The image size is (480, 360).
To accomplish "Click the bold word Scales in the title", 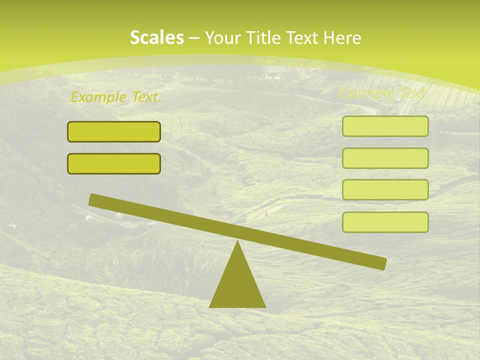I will (x=156, y=38).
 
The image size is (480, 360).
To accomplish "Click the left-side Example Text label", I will (x=116, y=97).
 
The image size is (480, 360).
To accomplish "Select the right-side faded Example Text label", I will (x=383, y=93).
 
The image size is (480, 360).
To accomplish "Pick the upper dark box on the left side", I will (x=114, y=131).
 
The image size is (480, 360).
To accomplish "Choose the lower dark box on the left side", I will (x=114, y=163).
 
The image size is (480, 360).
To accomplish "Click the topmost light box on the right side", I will (x=385, y=126).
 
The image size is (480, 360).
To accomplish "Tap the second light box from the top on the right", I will (x=385, y=158).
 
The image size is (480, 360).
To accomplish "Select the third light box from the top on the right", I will (x=385, y=189).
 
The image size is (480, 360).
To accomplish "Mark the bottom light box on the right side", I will (x=385, y=222).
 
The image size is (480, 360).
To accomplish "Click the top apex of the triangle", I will (x=237, y=242).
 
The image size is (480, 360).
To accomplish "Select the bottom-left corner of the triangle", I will (x=210, y=306).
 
